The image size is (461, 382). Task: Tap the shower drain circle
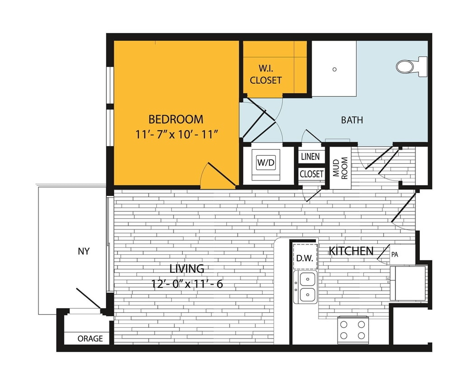pos(334,69)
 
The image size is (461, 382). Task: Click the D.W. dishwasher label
pos(305,258)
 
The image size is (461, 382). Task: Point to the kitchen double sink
pos(306,287)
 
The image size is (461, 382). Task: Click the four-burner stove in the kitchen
pos(353,329)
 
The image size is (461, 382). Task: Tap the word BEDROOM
pos(176,119)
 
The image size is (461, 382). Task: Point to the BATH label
pos(352,120)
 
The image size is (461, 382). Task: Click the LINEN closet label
pos(310,157)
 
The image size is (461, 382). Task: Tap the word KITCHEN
pos(351,251)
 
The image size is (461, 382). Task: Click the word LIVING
pos(187,268)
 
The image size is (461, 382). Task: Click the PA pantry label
pos(395,255)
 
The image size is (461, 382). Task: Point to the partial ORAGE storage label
pos(90,339)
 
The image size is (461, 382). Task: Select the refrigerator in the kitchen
pos(408,283)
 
